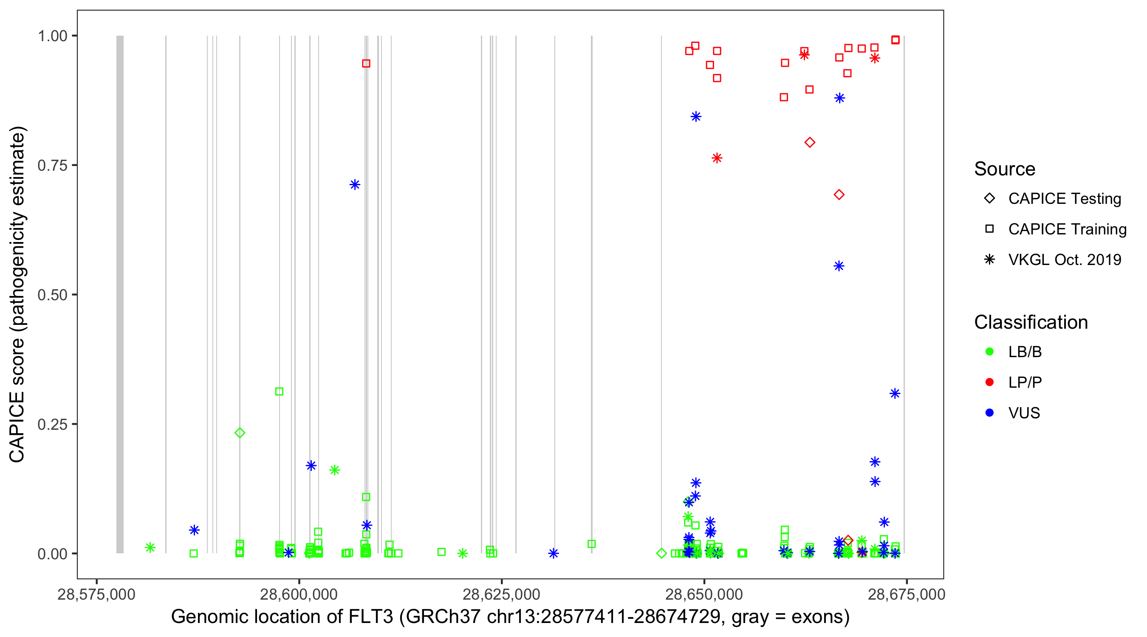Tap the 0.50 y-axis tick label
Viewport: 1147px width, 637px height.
pos(52,295)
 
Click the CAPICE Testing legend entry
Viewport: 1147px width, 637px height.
pos(1064,199)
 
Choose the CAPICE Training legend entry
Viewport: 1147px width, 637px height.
pos(1067,229)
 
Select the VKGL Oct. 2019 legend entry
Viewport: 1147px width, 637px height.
pos(1064,259)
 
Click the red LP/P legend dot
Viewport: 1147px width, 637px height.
pos(989,382)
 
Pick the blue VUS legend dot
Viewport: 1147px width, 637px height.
pos(989,413)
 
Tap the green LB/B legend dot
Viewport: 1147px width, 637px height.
pos(989,352)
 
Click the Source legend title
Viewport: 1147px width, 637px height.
pos(1004,169)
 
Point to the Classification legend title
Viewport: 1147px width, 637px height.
pos(1030,322)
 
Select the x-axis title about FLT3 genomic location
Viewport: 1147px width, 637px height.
pos(510,617)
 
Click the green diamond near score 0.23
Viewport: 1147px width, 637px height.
pos(240,433)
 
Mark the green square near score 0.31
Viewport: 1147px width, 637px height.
pos(279,391)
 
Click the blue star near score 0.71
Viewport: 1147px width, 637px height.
pos(355,185)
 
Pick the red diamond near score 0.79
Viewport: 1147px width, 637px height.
pos(810,142)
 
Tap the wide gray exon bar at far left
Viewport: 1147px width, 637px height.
pos(120,294)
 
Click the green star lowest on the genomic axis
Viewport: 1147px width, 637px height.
pos(150,547)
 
